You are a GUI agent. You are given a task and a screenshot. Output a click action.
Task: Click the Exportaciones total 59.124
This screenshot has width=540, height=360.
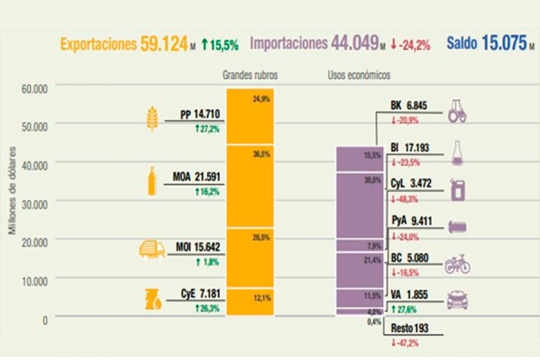coord(164,44)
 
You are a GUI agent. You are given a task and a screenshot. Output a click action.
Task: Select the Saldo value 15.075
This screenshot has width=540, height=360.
coord(503,44)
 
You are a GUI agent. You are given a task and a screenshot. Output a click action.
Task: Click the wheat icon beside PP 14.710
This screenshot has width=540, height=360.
coord(153,118)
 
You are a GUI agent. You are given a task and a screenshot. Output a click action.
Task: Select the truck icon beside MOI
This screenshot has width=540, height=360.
coord(152,249)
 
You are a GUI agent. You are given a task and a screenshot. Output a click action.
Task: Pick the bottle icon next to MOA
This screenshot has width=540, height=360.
coord(152,181)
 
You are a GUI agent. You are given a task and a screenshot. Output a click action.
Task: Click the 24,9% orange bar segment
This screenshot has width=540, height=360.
coord(250,117)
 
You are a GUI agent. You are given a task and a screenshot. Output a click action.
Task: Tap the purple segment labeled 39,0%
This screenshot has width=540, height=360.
coord(359,204)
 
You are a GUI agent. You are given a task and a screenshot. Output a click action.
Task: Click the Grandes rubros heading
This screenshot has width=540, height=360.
coord(250,76)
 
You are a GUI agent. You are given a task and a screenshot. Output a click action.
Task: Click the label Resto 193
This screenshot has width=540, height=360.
coord(410,329)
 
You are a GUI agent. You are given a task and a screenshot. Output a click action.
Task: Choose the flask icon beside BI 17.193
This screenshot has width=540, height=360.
coord(457,154)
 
